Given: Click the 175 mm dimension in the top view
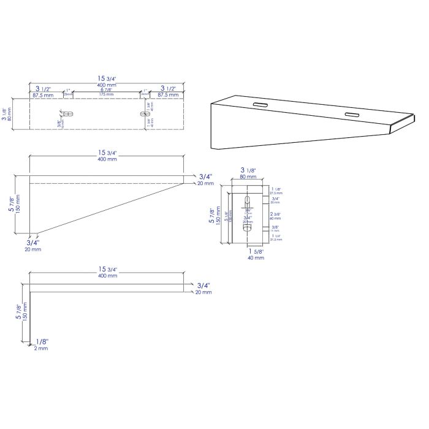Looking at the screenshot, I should (x=107, y=95).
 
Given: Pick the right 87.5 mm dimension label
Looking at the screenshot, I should (x=169, y=95).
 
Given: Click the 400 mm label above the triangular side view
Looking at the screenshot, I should (x=107, y=159).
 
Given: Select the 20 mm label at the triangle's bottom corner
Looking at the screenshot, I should (x=32, y=249).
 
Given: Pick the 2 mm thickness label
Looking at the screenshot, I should (x=41, y=348).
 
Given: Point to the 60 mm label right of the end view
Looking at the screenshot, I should (x=275, y=218).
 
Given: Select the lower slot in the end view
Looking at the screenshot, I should (x=247, y=227).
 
